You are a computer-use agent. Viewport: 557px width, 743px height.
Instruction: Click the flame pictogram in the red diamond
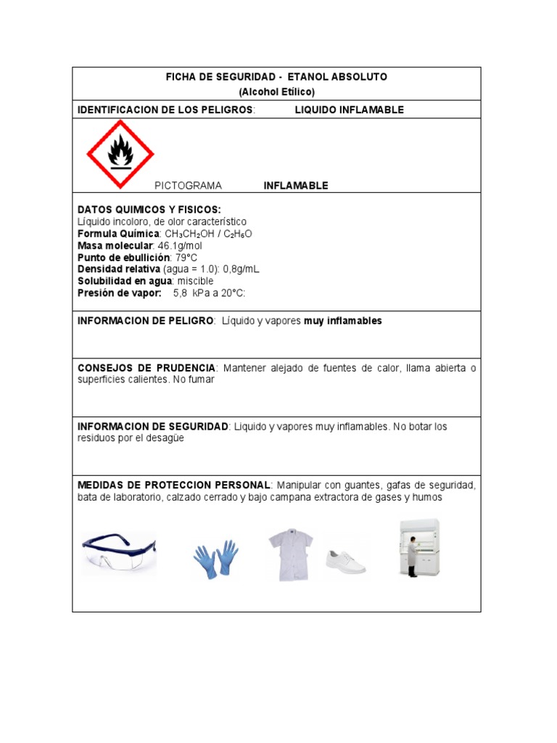coord(120,155)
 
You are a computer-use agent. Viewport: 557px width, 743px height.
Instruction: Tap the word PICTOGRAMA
coord(188,186)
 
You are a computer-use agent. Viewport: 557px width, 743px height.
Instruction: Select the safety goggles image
coord(119,553)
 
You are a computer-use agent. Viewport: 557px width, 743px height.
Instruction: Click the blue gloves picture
coord(215,559)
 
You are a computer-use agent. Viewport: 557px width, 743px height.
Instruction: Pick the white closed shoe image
coord(346,561)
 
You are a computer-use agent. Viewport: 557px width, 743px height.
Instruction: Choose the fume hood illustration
coord(419,548)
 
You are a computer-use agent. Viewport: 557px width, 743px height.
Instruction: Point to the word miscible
coord(195,281)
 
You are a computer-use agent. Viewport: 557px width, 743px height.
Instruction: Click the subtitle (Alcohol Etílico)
coord(276,92)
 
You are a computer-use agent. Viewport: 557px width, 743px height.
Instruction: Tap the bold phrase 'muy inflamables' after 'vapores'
coord(342,321)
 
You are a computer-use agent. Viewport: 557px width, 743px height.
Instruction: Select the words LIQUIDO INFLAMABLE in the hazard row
coord(349,110)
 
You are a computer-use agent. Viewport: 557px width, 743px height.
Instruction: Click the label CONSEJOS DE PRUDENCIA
coord(147,368)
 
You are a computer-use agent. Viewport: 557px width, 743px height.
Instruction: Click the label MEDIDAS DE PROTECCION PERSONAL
coord(174,485)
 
